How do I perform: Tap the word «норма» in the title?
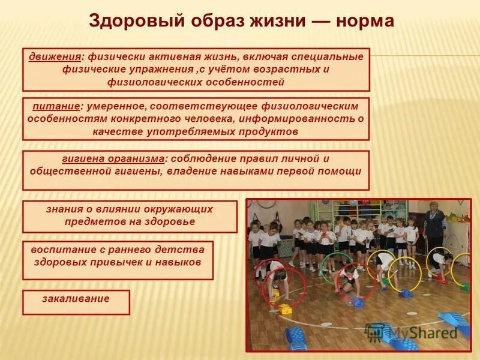[365, 22]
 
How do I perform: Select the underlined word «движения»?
[55, 57]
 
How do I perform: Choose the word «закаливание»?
[76, 298]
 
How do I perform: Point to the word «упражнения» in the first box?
[146, 70]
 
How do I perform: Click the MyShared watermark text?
[422, 332]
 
